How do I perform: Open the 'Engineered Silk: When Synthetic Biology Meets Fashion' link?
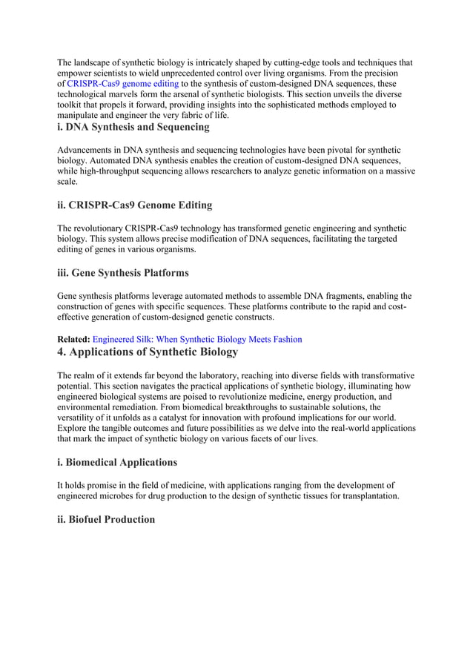pyautogui.click(x=196, y=339)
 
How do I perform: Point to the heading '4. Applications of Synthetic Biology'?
pyautogui.click(x=148, y=352)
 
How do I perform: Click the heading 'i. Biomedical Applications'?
pyautogui.click(x=117, y=462)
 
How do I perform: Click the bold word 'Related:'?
pyautogui.click(x=73, y=339)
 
